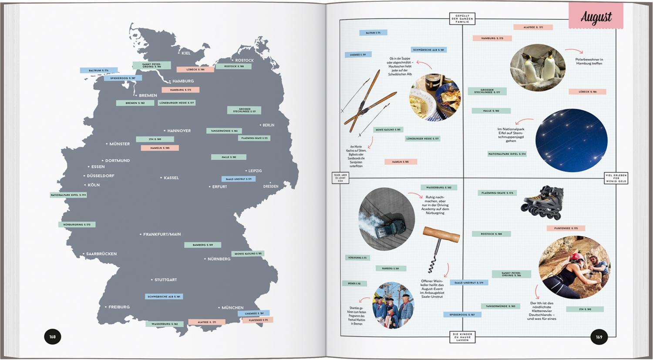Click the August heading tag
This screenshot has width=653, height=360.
(x=596, y=17)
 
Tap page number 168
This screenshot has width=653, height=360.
(x=53, y=336)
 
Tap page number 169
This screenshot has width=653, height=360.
(x=599, y=337)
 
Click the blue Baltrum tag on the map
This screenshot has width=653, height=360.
(x=98, y=70)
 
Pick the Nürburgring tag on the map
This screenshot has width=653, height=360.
(x=77, y=225)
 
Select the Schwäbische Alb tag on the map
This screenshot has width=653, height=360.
(x=164, y=296)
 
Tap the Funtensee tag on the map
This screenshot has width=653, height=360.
(x=258, y=320)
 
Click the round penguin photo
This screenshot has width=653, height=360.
(x=538, y=67)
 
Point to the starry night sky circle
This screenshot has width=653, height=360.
(x=571, y=140)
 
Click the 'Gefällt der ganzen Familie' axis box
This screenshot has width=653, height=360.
(x=462, y=18)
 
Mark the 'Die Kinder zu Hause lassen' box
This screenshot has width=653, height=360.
(x=462, y=336)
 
